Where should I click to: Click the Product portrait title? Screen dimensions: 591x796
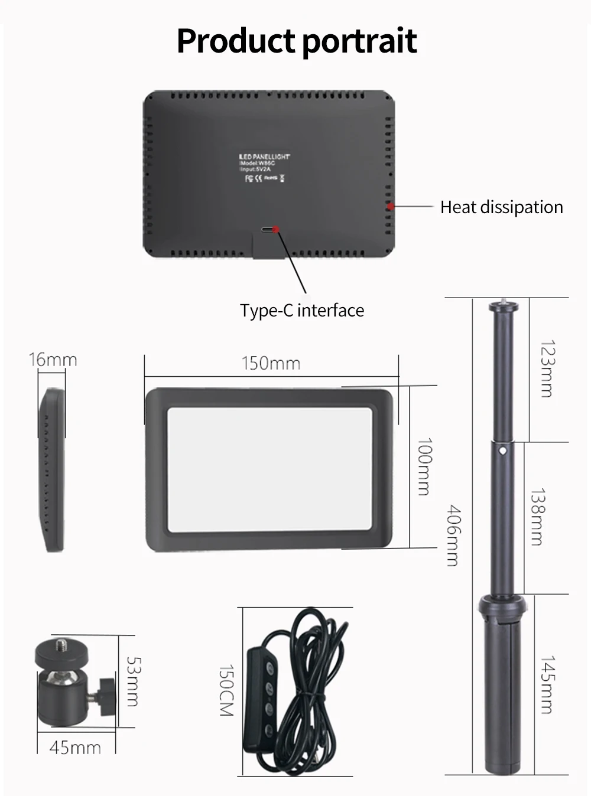coord(297,41)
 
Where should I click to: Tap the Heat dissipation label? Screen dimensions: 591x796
coord(501,207)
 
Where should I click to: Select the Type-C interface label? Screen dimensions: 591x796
coord(301,311)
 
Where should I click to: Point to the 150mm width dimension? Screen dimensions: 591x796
coord(271,363)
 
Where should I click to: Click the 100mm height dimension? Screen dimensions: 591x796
coord(424,466)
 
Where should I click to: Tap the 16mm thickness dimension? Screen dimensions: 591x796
coord(53,360)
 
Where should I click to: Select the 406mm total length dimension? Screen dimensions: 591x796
coord(453,535)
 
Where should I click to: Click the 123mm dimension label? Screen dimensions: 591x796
coord(547,368)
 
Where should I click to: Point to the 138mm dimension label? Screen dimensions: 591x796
coord(537,516)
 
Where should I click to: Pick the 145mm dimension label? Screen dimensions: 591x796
coord(547,684)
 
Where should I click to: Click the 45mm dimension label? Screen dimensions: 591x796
coord(75,748)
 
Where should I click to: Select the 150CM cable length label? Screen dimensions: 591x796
coord(226,690)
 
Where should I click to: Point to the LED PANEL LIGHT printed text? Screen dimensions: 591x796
coord(264,156)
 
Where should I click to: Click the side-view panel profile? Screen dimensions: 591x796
coord(52,469)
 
